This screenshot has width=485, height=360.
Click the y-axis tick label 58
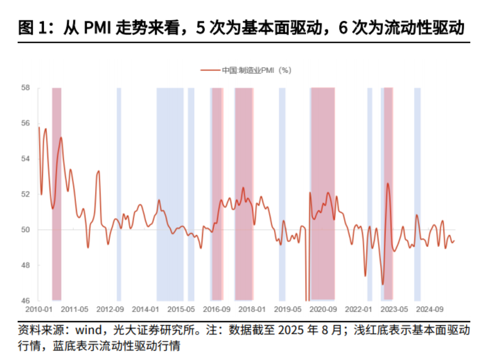[26, 88]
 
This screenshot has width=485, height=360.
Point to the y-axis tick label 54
[26, 159]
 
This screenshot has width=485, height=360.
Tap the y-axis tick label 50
[26, 230]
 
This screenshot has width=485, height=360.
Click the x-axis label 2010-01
[39, 309]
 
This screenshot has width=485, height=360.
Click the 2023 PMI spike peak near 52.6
[388, 183]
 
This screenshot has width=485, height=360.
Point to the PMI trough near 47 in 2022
[383, 284]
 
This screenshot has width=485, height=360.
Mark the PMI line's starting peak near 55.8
[39, 127]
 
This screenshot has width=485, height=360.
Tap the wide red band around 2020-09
[323, 170]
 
